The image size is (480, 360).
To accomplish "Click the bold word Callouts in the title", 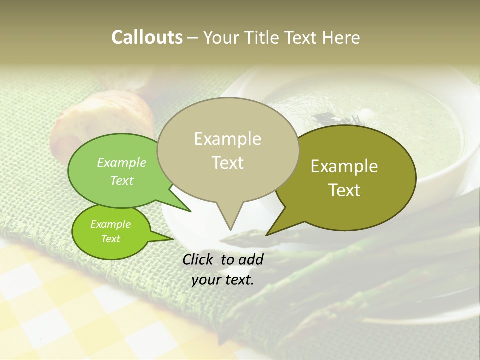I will click(x=147, y=37).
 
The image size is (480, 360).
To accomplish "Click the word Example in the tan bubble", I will click(x=227, y=139).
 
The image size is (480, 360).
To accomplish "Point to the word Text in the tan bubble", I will click(x=227, y=162).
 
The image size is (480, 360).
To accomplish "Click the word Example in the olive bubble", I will click(x=344, y=166).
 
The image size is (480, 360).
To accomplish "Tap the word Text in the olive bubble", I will click(x=344, y=190).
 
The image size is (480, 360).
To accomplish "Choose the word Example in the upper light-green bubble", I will click(x=122, y=162).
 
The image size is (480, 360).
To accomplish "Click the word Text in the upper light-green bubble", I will click(x=122, y=180).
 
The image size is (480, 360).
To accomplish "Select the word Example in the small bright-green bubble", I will click(x=110, y=224).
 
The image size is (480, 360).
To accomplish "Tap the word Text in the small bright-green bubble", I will click(x=110, y=239).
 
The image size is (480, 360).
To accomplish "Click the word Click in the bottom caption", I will click(x=199, y=259).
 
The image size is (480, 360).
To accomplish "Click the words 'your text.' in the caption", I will click(x=223, y=280).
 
